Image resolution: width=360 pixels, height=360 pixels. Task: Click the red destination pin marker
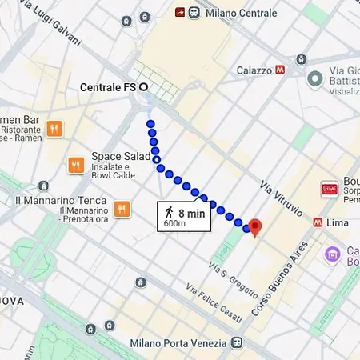[255, 227]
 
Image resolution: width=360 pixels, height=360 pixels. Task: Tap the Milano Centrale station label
[241, 13]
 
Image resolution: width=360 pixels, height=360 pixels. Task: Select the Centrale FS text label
[109, 86]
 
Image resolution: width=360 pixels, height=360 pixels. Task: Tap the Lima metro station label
[338, 222]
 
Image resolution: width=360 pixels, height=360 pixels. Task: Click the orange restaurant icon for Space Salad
[76, 164]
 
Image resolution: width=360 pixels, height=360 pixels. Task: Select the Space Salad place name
[121, 156]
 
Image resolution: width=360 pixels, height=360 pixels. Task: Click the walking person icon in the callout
[169, 213]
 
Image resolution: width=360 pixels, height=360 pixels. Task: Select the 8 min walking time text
[191, 213]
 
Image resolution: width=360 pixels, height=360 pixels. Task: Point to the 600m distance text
[175, 224]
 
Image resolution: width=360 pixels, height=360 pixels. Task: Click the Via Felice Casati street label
[214, 303]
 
